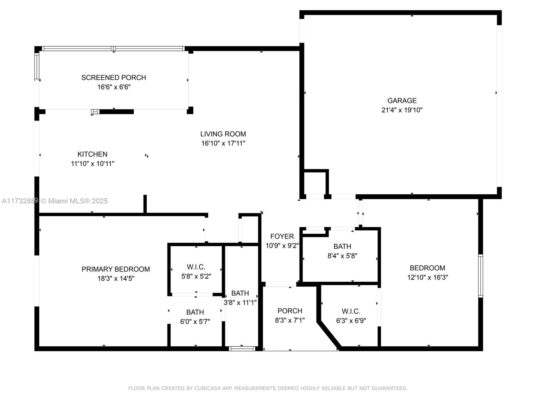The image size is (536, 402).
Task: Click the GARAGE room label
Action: [x=402, y=100]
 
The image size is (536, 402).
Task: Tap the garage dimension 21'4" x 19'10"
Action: [x=402, y=110]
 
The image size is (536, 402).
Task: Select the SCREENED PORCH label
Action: [x=114, y=78]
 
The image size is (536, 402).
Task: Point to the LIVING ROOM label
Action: [x=223, y=134]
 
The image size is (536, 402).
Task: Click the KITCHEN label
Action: [x=92, y=154]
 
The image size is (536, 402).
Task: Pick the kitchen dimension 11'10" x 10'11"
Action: [x=92, y=163]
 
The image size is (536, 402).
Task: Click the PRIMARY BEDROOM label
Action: [x=116, y=269]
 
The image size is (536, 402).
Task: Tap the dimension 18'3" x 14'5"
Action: [x=116, y=278]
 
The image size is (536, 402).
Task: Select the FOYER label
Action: [x=282, y=236]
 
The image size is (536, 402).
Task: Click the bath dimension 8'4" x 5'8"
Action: [x=342, y=256]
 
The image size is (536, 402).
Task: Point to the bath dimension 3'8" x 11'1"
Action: [x=240, y=303]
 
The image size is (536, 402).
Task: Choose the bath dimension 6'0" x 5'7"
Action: [x=195, y=322]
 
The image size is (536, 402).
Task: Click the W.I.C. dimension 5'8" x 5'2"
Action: [x=196, y=276]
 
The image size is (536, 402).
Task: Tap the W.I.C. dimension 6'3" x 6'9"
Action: [x=351, y=321]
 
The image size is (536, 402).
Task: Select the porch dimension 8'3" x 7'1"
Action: [x=290, y=320]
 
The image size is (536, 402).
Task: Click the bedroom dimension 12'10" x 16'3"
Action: [x=427, y=277]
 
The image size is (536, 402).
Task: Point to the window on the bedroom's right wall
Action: [x=480, y=276]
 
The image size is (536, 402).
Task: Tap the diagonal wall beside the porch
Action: [x=329, y=335]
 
